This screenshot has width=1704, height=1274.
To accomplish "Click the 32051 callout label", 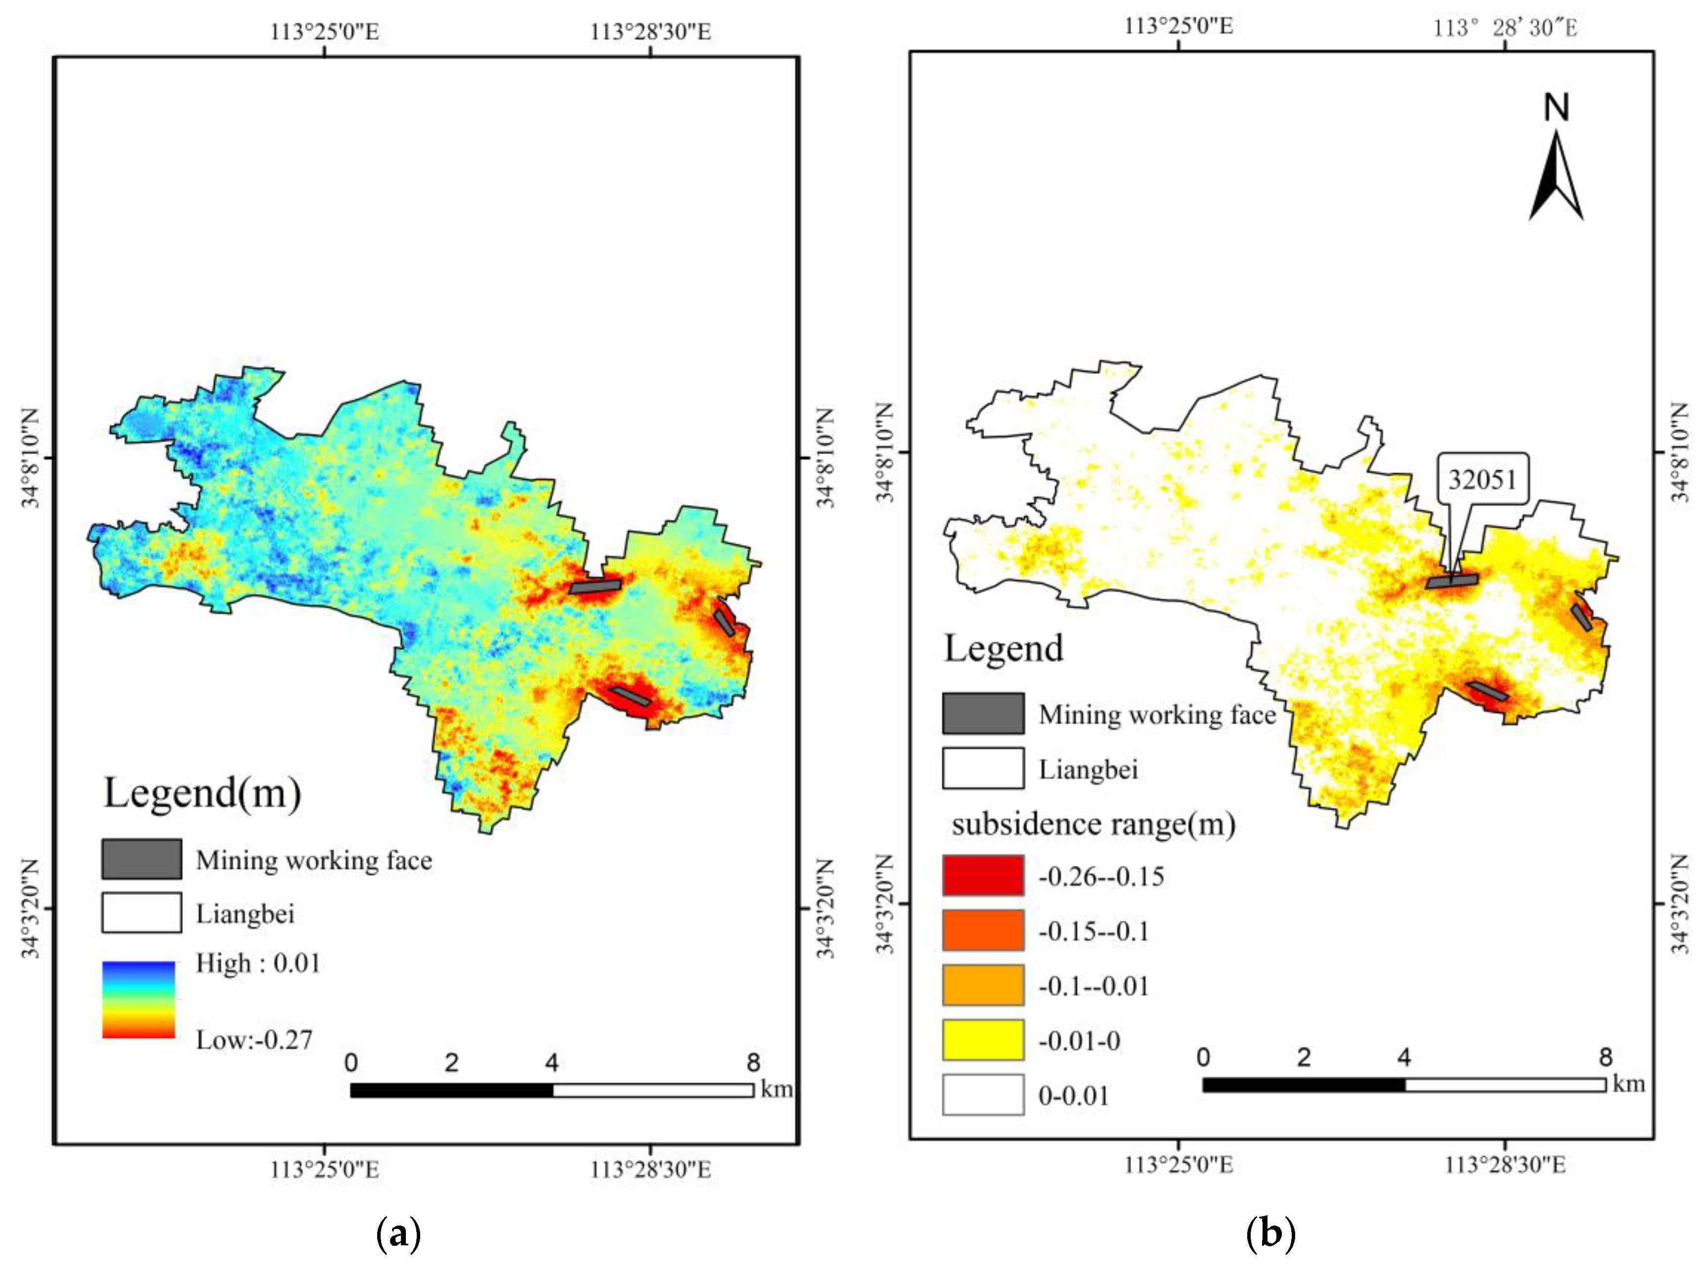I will [1482, 479].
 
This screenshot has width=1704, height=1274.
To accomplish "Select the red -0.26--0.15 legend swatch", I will [983, 875].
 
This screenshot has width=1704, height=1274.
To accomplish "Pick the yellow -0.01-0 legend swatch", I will [983, 1040].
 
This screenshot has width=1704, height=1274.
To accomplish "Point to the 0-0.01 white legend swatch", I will [983, 1094].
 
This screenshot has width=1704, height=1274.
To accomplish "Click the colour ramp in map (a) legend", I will [138, 999].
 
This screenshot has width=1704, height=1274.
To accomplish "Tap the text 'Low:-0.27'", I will [254, 1040].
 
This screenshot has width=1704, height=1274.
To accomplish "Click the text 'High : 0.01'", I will [258, 962].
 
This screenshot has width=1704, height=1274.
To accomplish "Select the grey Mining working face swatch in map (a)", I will [142, 859].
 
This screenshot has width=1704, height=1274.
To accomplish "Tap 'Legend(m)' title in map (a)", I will [202, 792].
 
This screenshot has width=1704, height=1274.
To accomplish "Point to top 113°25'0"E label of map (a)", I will [324, 32].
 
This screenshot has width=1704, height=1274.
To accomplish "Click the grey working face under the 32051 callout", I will [1452, 580].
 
